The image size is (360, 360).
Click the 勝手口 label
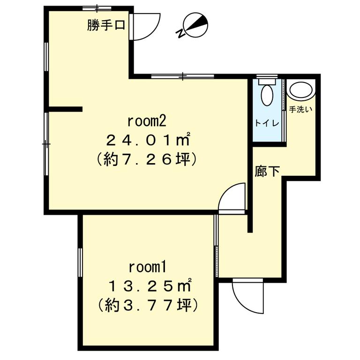(x=106, y=25)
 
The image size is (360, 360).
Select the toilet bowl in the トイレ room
(x=267, y=95)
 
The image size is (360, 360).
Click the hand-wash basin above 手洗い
(x=301, y=90)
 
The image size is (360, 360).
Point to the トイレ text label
(x=267, y=123)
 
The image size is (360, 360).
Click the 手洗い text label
(x=300, y=110)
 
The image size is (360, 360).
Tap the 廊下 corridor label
(x=267, y=171)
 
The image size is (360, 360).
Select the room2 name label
(x=147, y=121)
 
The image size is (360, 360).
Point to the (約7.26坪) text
(x=147, y=159)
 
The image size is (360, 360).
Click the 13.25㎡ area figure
(x=150, y=286)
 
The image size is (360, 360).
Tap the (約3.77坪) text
(x=148, y=305)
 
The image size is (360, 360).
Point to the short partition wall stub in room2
(x=66, y=109)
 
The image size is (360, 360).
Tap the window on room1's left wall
(x=80, y=262)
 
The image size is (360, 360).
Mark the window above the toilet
(x=267, y=76)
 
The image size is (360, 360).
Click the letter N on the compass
(x=181, y=33)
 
